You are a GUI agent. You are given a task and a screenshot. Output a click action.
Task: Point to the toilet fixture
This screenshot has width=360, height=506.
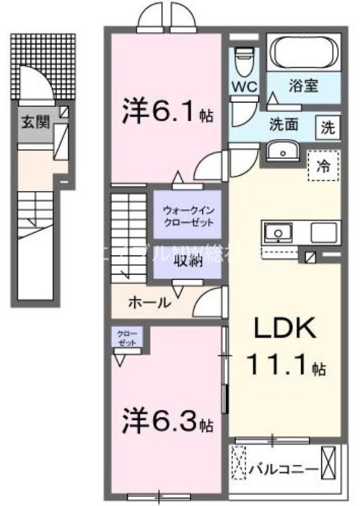244,61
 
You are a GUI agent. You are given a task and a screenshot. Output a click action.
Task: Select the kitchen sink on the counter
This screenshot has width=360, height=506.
277,233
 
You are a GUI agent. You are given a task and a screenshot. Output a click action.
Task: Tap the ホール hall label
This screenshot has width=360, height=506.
149,303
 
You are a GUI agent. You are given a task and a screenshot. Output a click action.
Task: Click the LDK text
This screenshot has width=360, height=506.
285,330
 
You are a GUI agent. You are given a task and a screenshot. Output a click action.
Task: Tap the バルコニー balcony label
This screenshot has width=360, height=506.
282,469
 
